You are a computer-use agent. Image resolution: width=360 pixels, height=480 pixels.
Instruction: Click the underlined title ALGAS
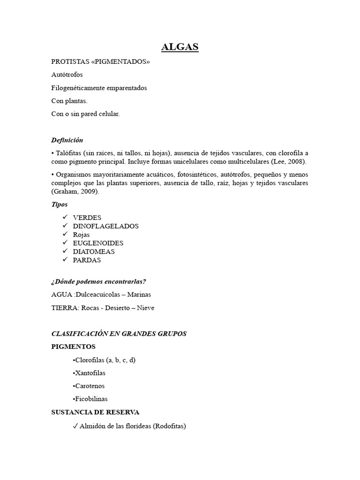pyautogui.click(x=180, y=47)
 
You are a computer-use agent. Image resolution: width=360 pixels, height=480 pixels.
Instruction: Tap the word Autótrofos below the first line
pyautogui.click(x=67, y=75)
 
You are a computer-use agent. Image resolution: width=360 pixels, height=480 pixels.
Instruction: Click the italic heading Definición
pyautogui.click(x=67, y=140)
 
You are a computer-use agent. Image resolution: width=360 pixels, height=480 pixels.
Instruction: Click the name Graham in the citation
pyautogui.click(x=65, y=192)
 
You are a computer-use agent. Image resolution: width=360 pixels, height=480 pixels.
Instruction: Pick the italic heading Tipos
pyautogui.click(x=60, y=204)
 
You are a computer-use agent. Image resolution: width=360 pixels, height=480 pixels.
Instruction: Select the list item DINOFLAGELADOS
pyautogui.click(x=106, y=226)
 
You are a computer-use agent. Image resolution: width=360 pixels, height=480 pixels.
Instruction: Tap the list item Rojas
pyautogui.click(x=81, y=234)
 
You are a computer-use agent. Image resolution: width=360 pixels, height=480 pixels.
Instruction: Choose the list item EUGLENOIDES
pyautogui.click(x=98, y=243)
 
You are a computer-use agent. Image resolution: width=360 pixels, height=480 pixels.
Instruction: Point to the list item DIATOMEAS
pyautogui.click(x=94, y=251)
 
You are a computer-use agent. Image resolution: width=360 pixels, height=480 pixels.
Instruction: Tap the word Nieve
pyautogui.click(x=144, y=308)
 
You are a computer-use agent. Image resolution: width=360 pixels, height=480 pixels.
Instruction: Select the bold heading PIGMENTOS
pyautogui.click(x=73, y=347)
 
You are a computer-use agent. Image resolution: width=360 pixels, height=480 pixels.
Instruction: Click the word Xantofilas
pyautogui.click(x=90, y=373)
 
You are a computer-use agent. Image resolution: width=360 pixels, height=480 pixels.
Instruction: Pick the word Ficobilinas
pyautogui.click(x=91, y=399)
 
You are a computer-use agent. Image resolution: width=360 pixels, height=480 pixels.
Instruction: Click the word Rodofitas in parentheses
pyautogui.click(x=170, y=426)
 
